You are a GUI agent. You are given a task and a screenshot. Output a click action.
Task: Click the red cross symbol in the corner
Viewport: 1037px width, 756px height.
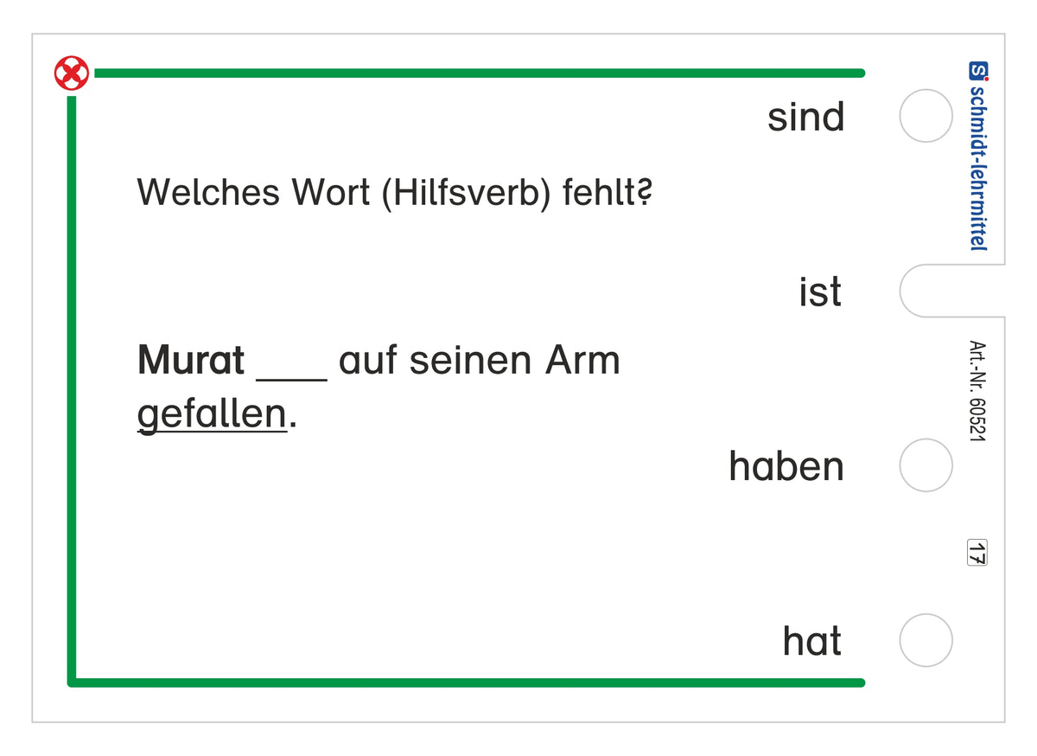tap(71, 74)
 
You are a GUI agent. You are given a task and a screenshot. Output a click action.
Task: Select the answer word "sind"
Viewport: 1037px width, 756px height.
tap(806, 118)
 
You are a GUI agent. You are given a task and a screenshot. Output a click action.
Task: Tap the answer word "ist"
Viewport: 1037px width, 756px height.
tap(820, 292)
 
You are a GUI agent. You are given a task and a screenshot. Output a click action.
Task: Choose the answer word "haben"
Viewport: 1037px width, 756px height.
tap(786, 466)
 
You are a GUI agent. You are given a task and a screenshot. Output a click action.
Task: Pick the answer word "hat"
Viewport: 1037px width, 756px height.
tap(811, 641)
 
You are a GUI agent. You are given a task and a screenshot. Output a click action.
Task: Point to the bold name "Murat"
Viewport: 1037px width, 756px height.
tap(191, 360)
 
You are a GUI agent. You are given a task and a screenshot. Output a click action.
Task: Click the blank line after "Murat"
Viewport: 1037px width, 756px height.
tap(292, 380)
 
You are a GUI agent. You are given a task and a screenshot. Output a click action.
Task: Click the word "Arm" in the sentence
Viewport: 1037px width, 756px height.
tap(582, 360)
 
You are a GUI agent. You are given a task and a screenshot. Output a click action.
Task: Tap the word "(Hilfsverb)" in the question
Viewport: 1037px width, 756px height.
tap(467, 193)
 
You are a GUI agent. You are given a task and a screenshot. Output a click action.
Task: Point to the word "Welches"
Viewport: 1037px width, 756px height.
tap(208, 192)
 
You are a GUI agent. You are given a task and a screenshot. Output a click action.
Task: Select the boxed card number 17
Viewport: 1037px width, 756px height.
tap(977, 553)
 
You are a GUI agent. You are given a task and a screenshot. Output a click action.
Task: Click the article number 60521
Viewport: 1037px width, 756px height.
tap(977, 420)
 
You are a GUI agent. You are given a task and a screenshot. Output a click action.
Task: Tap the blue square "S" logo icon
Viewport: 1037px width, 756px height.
tap(978, 70)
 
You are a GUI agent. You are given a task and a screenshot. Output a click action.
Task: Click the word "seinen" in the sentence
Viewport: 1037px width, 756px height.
tap(470, 361)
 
